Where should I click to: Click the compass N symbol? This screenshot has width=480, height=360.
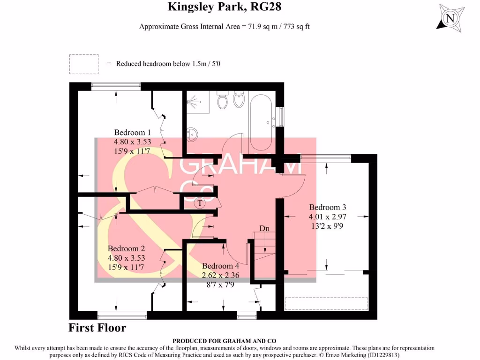[x=450, y=19]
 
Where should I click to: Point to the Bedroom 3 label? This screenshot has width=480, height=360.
[x=327, y=207]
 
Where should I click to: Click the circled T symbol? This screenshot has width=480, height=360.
[x=200, y=203]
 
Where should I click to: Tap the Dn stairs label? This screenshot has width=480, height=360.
[x=264, y=229]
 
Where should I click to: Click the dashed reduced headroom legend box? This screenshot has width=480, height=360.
[x=84, y=64]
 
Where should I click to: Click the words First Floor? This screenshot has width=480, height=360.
[x=97, y=328]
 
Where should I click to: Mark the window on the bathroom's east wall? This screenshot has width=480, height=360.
[x=281, y=117]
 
